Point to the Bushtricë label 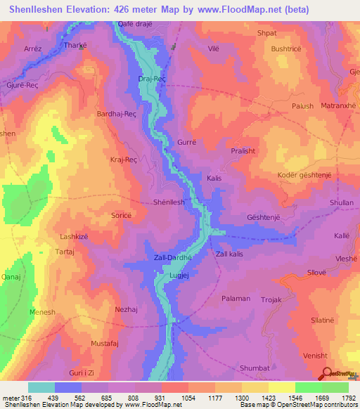286,49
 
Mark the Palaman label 236,299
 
